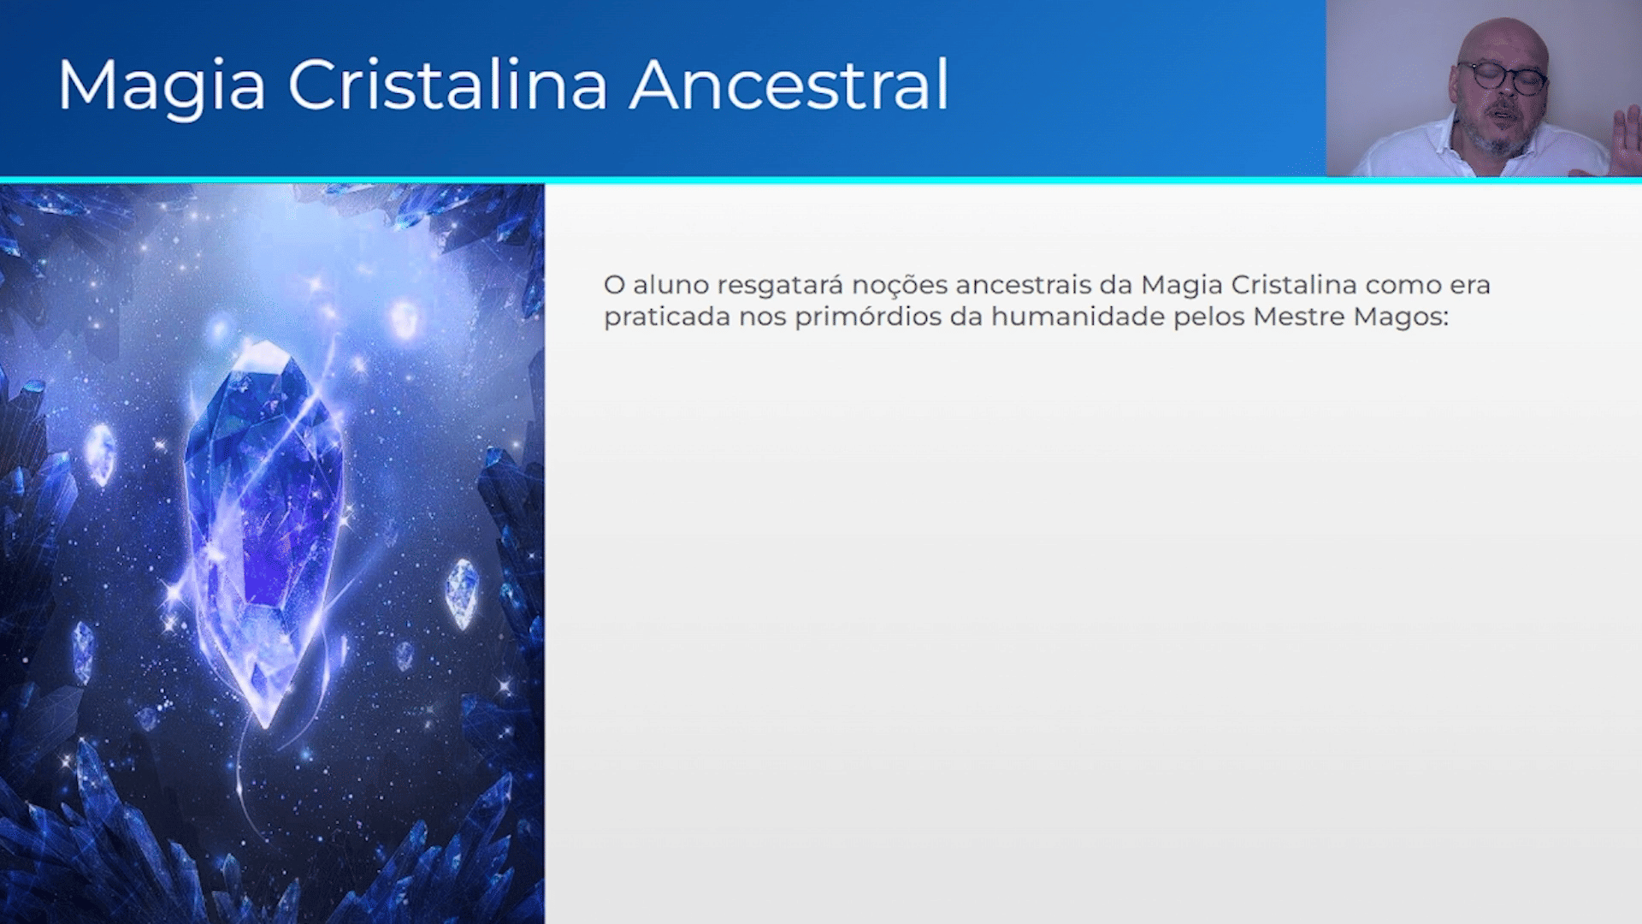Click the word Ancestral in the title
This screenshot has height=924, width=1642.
789,85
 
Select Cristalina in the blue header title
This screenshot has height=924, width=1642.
447,85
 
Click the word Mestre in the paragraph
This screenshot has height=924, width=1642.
1299,317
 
